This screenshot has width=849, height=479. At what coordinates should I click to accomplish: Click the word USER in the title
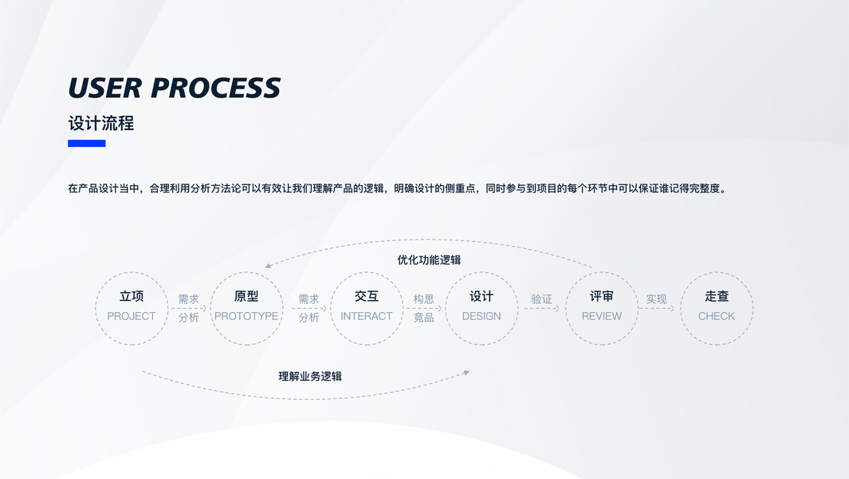coord(105,88)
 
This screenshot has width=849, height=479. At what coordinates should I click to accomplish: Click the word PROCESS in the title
coord(215,88)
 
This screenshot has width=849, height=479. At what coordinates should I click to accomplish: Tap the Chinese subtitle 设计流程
coord(101,123)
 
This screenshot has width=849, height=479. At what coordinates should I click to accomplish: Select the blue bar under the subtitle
coord(87,143)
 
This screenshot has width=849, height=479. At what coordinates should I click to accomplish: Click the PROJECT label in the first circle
coord(132,316)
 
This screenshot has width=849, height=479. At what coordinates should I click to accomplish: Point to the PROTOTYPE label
coord(246,316)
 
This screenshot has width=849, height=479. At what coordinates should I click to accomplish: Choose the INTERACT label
coord(367,316)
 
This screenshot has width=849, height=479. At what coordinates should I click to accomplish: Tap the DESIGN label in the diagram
coord(481,316)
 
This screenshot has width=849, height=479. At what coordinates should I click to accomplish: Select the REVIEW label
coord(602,316)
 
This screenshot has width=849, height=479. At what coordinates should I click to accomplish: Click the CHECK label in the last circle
coord(717,316)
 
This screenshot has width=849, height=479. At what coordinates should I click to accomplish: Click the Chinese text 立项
coord(132,296)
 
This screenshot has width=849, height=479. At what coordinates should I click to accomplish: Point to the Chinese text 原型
coord(246,296)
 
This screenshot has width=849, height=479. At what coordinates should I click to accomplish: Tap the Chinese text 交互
coord(367,296)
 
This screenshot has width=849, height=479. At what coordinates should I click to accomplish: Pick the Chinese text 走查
coord(717,296)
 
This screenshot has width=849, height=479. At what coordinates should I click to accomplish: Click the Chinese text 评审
coord(602,296)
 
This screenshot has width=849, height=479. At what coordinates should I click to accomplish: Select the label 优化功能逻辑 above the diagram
coord(429,259)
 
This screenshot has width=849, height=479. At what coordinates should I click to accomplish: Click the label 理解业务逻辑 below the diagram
coord(310,377)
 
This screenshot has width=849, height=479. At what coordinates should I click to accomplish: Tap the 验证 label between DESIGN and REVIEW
coord(541,299)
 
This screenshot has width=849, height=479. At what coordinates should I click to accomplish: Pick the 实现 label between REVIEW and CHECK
coord(656,299)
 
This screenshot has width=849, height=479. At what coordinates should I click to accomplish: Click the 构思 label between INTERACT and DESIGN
coord(423,299)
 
